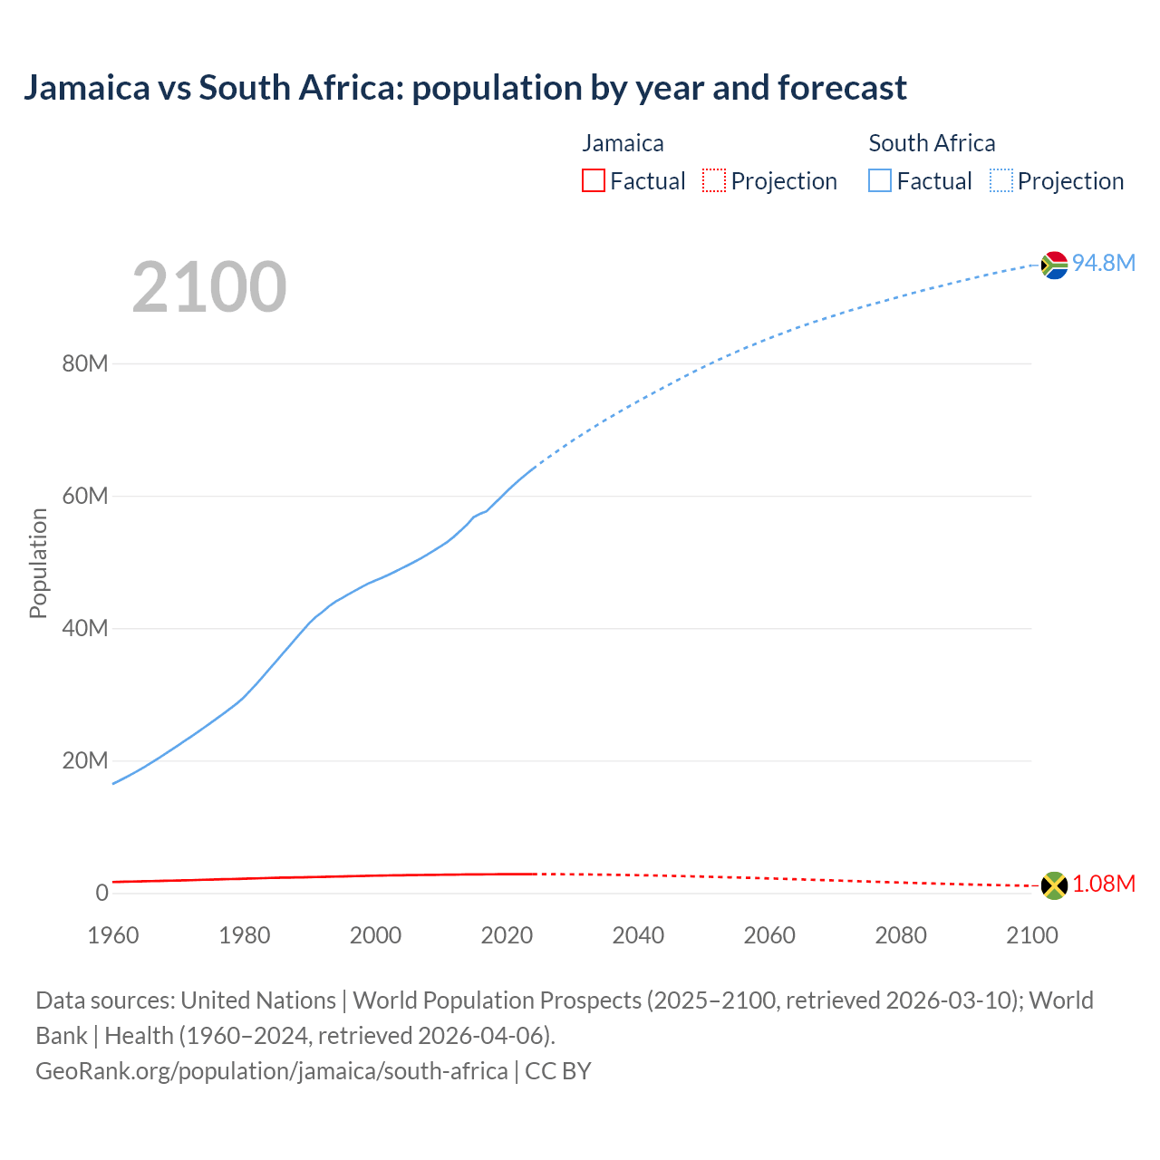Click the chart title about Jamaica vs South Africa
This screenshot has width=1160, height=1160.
coord(465,88)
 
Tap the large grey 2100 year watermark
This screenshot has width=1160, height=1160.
coord(209,287)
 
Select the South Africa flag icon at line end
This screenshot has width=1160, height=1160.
coord(1054,265)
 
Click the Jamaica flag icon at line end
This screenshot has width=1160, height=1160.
coord(1054,885)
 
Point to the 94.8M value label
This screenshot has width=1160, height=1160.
coord(1104,263)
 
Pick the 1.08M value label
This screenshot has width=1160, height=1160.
coord(1104,884)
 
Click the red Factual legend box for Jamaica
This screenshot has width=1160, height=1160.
coord(594,181)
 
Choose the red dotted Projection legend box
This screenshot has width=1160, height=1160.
coord(714,181)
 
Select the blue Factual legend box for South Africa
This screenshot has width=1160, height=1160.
coord(880,181)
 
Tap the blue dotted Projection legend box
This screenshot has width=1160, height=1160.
coord(1001,181)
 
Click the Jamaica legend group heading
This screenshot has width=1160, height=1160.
coord(623,143)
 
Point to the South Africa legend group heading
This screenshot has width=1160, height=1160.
coord(932,143)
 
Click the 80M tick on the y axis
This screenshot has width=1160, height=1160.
coord(85,364)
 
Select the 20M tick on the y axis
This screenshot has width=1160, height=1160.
coord(85,760)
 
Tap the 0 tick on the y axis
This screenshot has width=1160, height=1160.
coord(101,893)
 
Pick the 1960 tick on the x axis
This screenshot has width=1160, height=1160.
coord(113,935)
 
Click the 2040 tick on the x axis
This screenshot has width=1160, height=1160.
coord(638,935)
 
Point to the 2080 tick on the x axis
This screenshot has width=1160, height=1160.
coord(901,935)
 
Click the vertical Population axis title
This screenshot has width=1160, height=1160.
coord(38,563)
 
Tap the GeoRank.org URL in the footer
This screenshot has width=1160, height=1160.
coord(272,1071)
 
